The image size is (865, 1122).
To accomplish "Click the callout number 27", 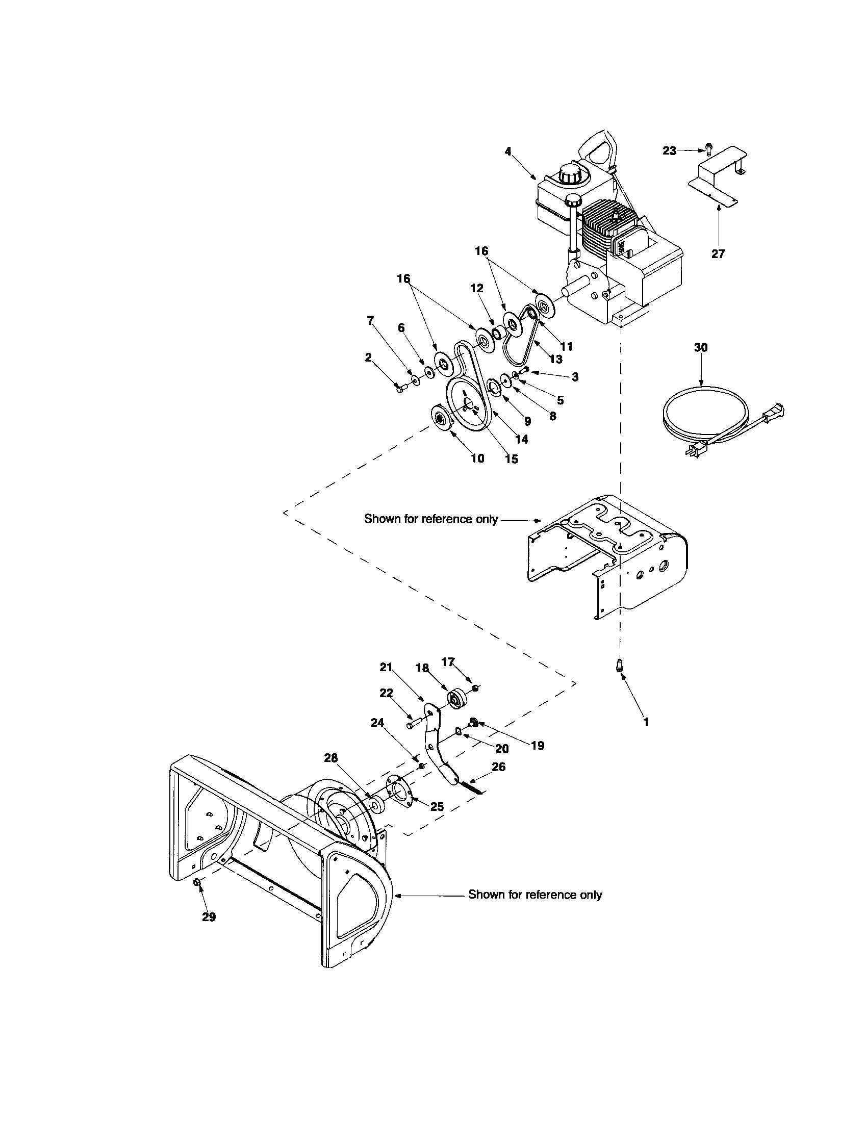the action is pos(718,253).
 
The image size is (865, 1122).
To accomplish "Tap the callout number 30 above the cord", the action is pos(701,347).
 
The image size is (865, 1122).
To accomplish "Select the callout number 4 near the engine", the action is pos(508,151).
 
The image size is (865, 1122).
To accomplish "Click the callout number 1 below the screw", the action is pos(646,722).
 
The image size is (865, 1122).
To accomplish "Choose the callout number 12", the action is pos(477,288).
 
